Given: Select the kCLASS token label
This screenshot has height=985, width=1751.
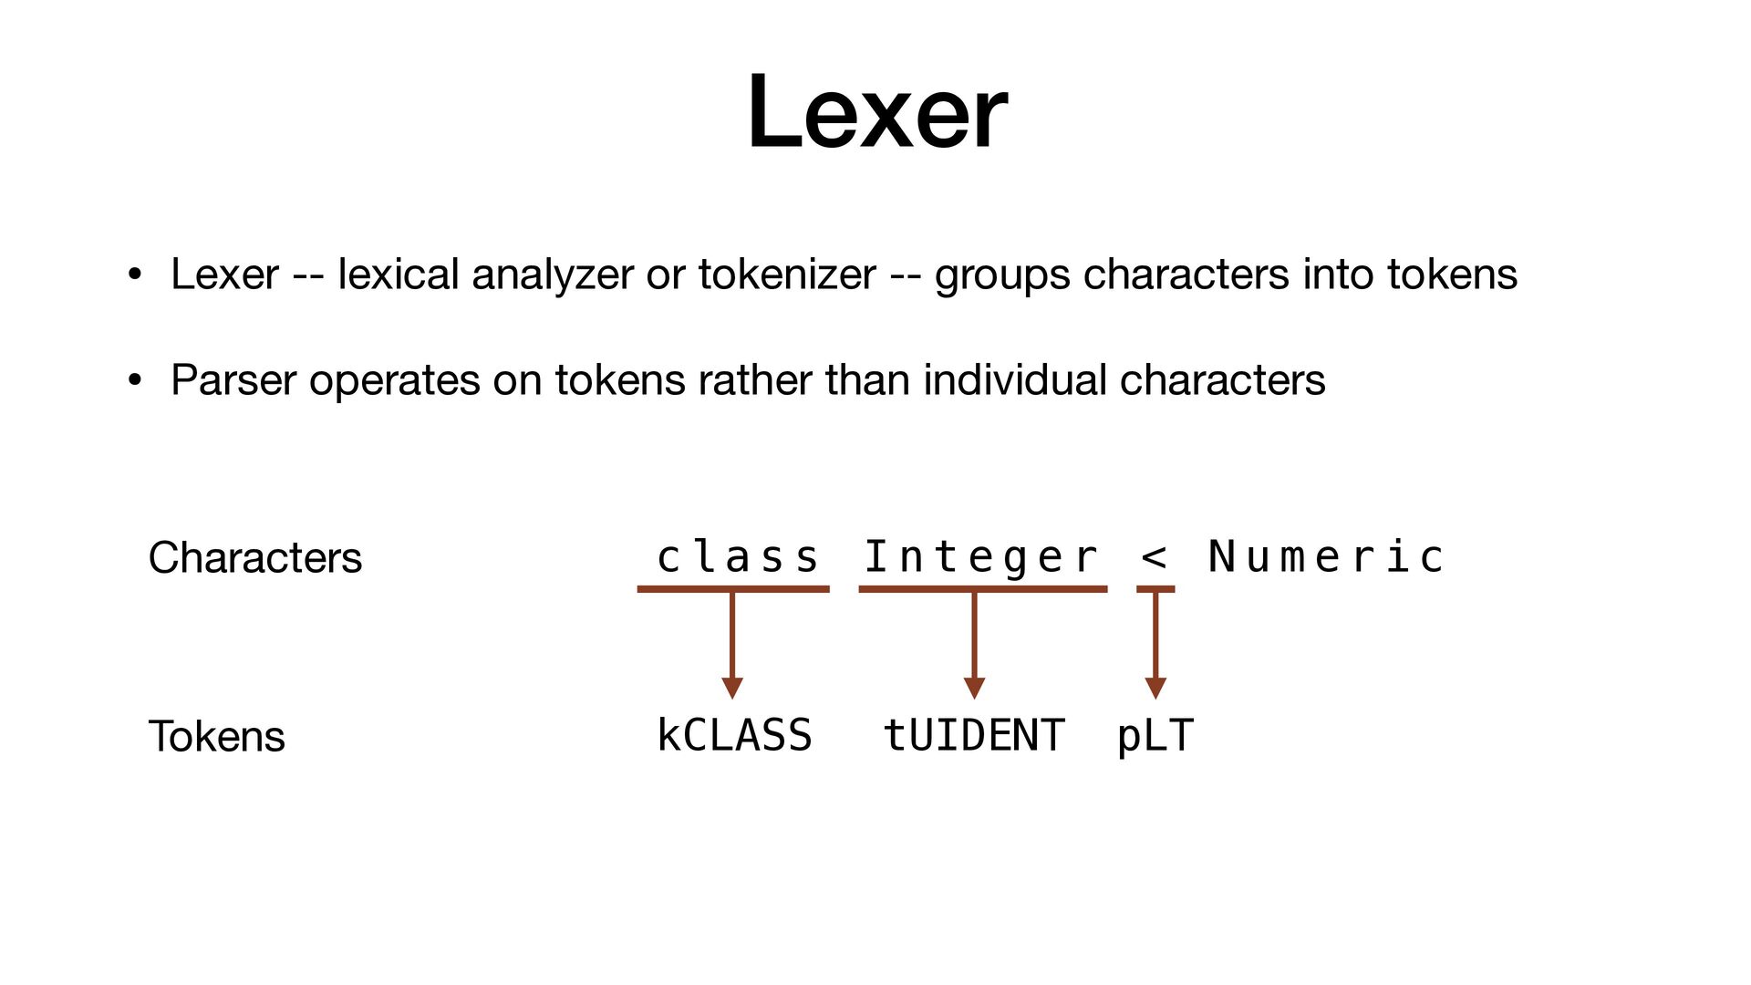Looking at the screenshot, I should pyautogui.click(x=734, y=736).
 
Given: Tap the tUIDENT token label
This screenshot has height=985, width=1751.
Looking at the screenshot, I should pyautogui.click(x=973, y=736).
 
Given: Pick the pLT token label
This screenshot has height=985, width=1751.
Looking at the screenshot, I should pyautogui.click(x=1155, y=736).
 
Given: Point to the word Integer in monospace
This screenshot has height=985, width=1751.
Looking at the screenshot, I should pyautogui.click(x=980, y=557).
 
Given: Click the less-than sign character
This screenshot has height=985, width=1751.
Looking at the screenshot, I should pyautogui.click(x=1154, y=556).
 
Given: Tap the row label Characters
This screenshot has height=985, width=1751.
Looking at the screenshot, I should pyautogui.click(x=254, y=558).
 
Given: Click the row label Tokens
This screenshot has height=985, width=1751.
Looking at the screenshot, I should pyautogui.click(x=216, y=737).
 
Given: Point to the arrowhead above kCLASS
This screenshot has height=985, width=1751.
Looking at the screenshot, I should pyautogui.click(x=732, y=688).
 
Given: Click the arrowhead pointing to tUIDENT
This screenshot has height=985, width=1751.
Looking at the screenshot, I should pyautogui.click(x=974, y=688).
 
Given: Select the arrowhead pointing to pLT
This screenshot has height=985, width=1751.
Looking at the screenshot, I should pyautogui.click(x=1155, y=688).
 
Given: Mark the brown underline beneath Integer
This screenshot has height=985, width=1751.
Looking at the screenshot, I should pyautogui.click(x=982, y=589).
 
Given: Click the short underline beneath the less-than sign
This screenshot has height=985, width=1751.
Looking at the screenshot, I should pyautogui.click(x=1155, y=589).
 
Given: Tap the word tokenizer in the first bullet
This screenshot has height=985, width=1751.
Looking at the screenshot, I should pyautogui.click(x=786, y=275).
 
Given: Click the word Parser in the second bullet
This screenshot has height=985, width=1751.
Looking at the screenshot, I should pyautogui.click(x=233, y=380).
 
